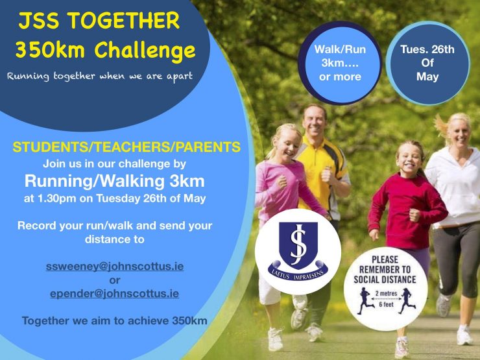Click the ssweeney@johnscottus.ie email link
click(x=115, y=267)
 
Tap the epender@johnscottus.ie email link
click(x=115, y=294)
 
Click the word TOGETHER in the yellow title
click(x=124, y=21)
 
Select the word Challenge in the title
click(x=145, y=50)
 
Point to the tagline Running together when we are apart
click(x=100, y=76)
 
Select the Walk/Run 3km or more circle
click(x=340, y=63)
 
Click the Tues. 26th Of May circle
click(x=427, y=63)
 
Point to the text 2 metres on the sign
click(x=386, y=293)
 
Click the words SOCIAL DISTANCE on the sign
click(x=385, y=280)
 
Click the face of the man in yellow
click(x=313, y=122)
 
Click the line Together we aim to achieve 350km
click(x=115, y=321)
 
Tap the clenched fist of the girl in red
click(x=414, y=215)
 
